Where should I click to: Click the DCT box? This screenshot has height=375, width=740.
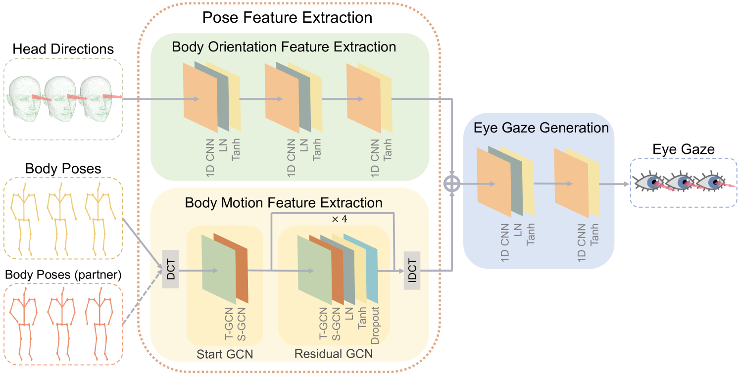170,270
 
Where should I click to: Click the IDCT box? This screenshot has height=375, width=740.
412,270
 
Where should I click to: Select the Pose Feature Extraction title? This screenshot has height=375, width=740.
287,18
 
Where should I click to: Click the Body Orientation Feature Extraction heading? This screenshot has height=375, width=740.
284,47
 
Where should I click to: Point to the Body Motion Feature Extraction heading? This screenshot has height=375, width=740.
284,203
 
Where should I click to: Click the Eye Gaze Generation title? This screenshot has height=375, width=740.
541,128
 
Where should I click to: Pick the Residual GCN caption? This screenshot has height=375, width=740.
334,354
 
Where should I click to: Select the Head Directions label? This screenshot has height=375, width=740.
63,49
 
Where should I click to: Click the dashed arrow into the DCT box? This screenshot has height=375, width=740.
142,297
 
